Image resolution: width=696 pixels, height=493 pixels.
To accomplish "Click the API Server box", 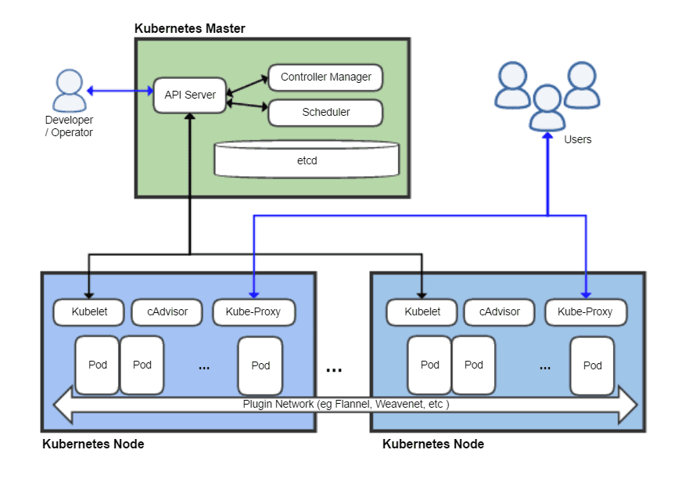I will tap(190, 95).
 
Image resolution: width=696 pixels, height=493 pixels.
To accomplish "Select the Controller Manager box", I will tap(325, 77).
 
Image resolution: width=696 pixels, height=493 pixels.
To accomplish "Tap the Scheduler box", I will tap(325, 112).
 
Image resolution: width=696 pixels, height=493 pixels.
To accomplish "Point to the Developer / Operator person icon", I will tap(69, 91).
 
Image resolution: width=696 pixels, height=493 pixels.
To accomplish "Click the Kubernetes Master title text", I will tap(190, 29).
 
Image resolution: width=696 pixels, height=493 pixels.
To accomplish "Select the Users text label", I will tap(578, 139).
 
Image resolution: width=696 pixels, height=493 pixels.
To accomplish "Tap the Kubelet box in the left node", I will tap(89, 311).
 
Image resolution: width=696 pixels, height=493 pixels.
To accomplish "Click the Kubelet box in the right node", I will tap(422, 311).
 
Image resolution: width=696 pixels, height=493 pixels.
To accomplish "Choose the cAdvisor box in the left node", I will tap(167, 311).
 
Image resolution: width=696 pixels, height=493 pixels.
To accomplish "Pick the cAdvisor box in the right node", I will tap(500, 311).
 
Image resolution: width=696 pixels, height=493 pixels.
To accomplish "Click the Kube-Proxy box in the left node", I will tap(253, 311).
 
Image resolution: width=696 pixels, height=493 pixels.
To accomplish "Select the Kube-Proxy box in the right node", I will tap(585, 311).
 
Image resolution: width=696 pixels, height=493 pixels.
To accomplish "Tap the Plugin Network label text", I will tap(346, 405).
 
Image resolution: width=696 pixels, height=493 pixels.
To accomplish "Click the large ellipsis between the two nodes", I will tap(334, 369).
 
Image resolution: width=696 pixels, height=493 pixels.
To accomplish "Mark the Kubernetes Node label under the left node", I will tap(93, 444).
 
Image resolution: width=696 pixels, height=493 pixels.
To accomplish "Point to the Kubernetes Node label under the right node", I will tap(433, 444).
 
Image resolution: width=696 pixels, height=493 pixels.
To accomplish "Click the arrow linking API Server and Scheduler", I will tap(247, 105).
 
